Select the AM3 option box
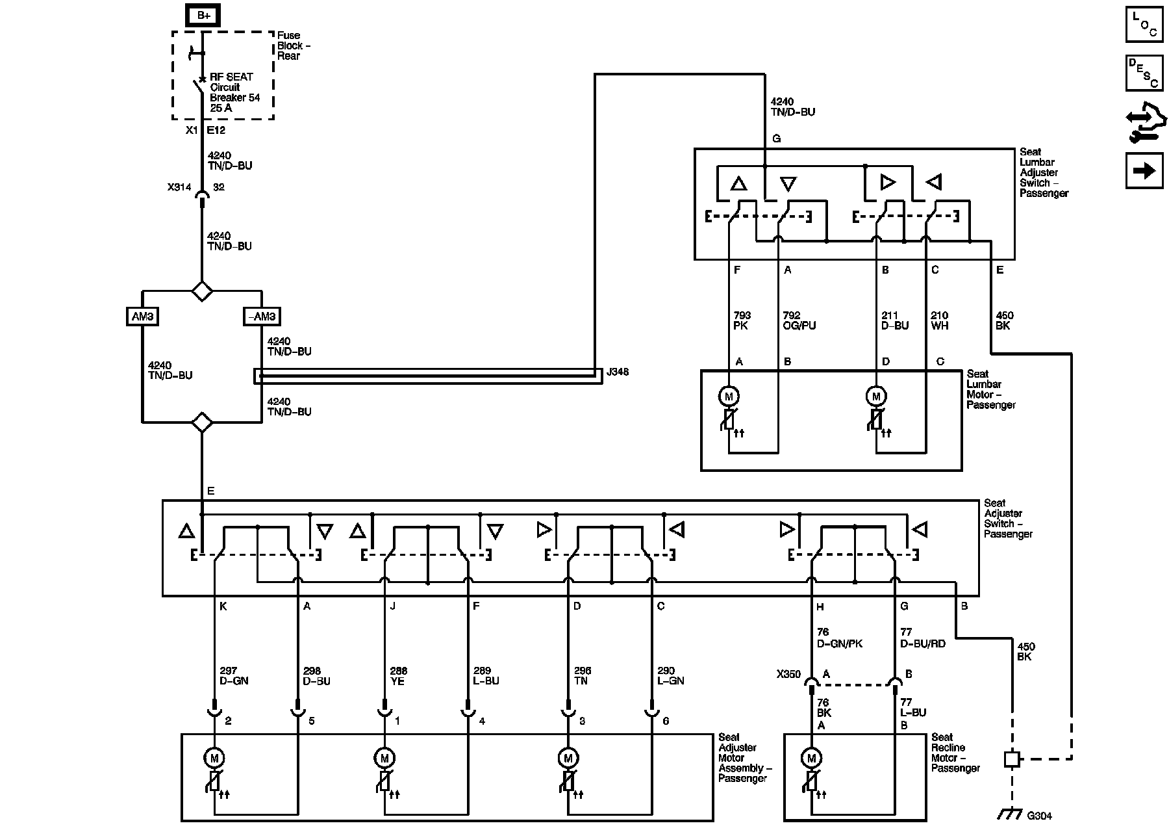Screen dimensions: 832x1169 click(x=142, y=317)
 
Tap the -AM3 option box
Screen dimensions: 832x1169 click(x=262, y=317)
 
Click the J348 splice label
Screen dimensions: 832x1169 click(x=617, y=372)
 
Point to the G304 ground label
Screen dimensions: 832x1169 click(x=1039, y=815)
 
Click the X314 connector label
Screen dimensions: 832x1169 click(x=179, y=187)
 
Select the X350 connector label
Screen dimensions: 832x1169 click(x=788, y=674)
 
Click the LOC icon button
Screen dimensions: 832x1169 click(x=1144, y=25)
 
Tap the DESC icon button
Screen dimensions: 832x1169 click(x=1144, y=73)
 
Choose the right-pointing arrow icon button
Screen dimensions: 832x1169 click(x=1144, y=170)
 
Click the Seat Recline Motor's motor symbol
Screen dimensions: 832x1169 click(x=811, y=758)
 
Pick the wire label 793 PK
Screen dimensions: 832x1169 click(x=740, y=320)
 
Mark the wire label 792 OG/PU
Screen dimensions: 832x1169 click(x=799, y=320)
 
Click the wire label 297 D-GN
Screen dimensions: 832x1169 click(x=234, y=676)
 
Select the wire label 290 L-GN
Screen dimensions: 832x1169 click(x=670, y=676)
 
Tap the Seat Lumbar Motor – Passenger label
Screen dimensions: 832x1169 click(x=990, y=389)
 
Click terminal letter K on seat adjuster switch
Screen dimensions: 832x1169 click(x=223, y=606)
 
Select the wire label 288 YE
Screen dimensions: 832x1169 click(x=397, y=676)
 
